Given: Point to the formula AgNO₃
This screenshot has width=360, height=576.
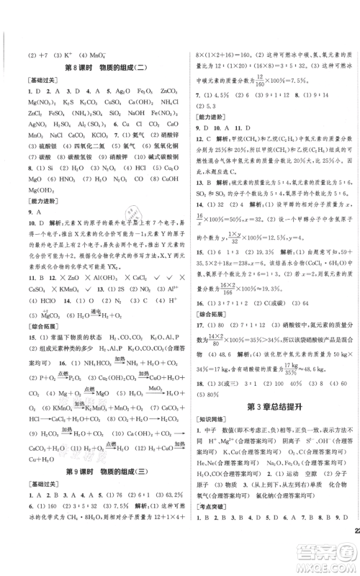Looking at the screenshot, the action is pyautogui.click(x=34, y=135).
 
